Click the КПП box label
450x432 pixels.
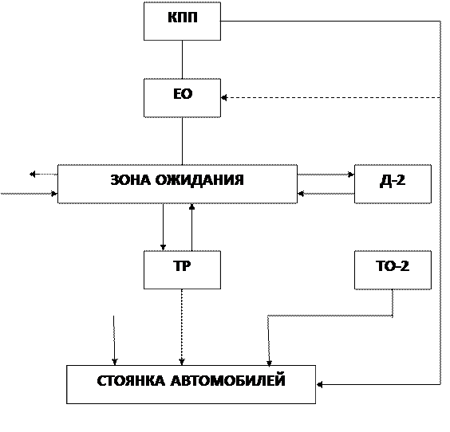(x=183, y=18)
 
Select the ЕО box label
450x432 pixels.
(x=183, y=94)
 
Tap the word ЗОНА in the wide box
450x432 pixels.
(x=130, y=180)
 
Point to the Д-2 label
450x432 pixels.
(x=393, y=181)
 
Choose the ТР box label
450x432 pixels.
(x=182, y=266)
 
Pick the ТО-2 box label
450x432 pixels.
(x=393, y=266)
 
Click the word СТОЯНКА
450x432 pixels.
(x=131, y=381)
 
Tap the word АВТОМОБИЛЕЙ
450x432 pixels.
(x=228, y=380)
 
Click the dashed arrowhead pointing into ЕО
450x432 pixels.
(x=224, y=98)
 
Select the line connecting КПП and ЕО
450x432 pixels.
(x=182, y=59)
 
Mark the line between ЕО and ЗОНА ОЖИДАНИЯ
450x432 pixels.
(x=182, y=141)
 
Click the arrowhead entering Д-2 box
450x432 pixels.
(x=351, y=175)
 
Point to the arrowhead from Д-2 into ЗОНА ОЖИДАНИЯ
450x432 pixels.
(x=301, y=194)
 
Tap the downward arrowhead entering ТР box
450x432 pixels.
(x=163, y=247)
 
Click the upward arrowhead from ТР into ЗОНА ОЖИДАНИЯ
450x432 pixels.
(x=191, y=206)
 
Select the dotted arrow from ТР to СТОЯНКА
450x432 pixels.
(x=182, y=327)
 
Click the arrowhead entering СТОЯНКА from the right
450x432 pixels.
(x=319, y=385)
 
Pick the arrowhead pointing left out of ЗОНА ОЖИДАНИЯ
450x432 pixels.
(x=33, y=174)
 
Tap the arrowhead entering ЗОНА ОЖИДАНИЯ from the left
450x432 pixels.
(x=54, y=194)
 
